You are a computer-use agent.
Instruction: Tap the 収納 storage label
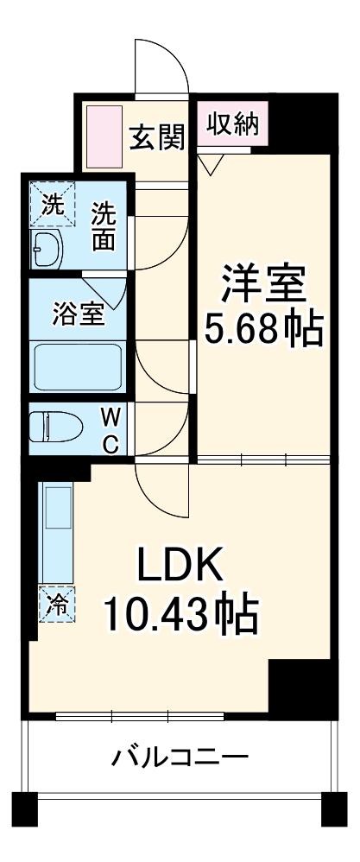232,124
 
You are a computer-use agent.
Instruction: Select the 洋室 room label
263,283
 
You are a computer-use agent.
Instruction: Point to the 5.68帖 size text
263,329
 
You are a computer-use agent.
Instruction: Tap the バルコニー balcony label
180,757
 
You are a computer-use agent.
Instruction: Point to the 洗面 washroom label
104,227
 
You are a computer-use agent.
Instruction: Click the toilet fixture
55,428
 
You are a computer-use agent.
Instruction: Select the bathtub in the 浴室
78,368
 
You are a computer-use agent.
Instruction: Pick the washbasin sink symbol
46,250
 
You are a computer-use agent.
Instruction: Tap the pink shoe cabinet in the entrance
104,137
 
